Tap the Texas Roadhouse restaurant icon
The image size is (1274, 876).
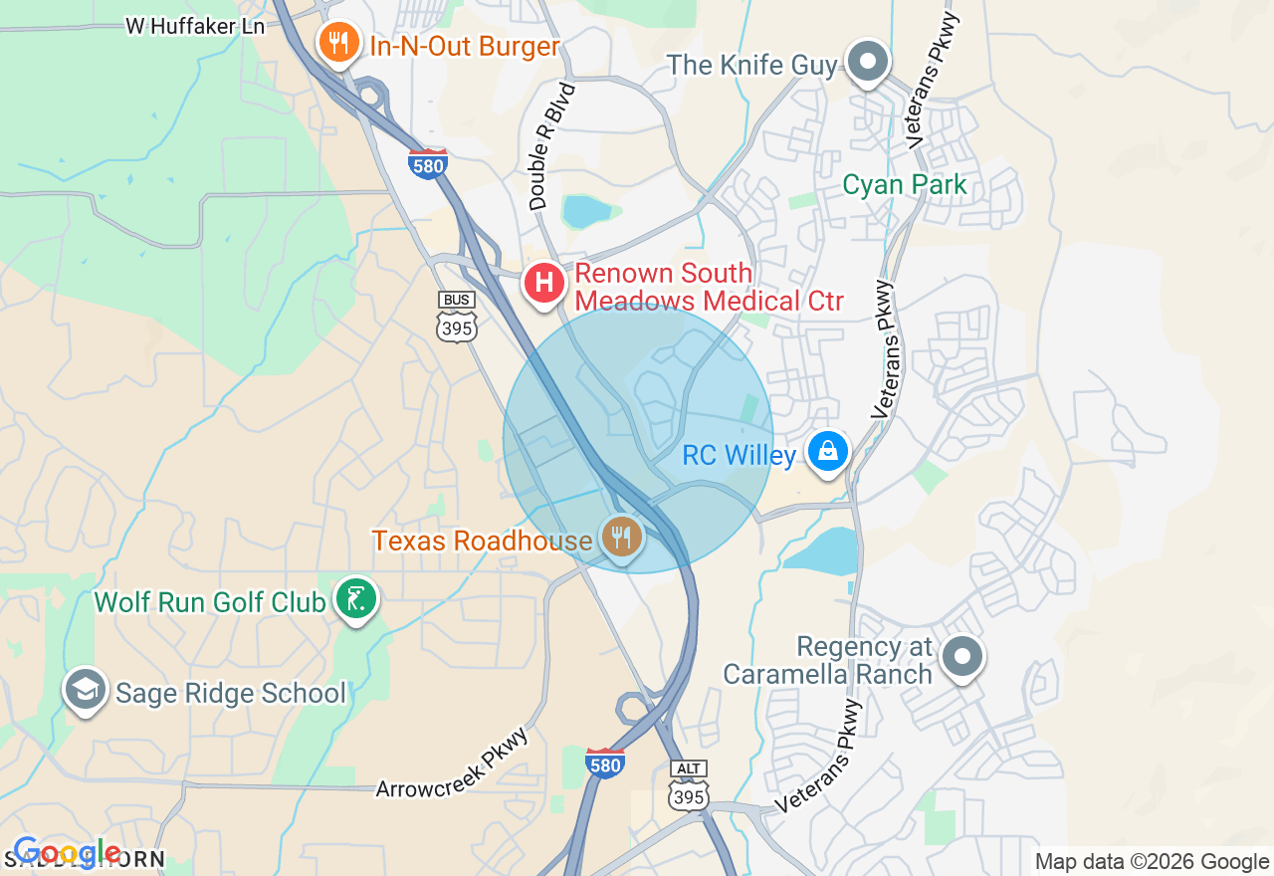[622, 538]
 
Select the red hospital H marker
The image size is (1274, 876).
[544, 284]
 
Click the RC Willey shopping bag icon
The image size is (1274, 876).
[827, 453]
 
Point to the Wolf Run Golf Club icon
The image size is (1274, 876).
[355, 599]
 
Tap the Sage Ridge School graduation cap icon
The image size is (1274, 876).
[86, 690]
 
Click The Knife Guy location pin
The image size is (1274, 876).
[868, 62]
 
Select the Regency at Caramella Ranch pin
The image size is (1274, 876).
[961, 657]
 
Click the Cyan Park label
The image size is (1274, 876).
[904, 185]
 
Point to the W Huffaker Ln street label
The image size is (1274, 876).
[195, 26]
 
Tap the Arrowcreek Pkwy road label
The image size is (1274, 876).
[452, 763]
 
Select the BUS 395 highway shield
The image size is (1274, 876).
[457, 317]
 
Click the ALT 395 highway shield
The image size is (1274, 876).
[689, 785]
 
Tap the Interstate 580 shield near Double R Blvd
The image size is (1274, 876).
[427, 163]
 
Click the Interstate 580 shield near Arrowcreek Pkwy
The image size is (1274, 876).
[605, 763]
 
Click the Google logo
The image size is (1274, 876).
[67, 853]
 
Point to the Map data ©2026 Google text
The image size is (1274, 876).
[1152, 862]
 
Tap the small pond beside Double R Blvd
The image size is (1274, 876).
[585, 211]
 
